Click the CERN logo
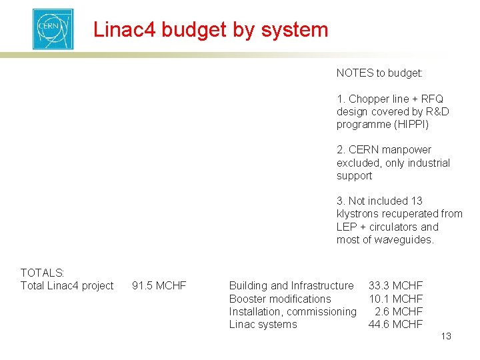53,29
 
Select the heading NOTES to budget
379,73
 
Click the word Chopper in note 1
369,99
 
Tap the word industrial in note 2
427,163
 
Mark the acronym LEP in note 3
347,227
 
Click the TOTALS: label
43,273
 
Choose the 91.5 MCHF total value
159,286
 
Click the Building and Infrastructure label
291,286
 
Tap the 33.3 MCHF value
395,286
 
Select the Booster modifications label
280,299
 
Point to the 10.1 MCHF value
395,299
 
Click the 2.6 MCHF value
399,311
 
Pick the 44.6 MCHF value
395,324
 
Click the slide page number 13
446,336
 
